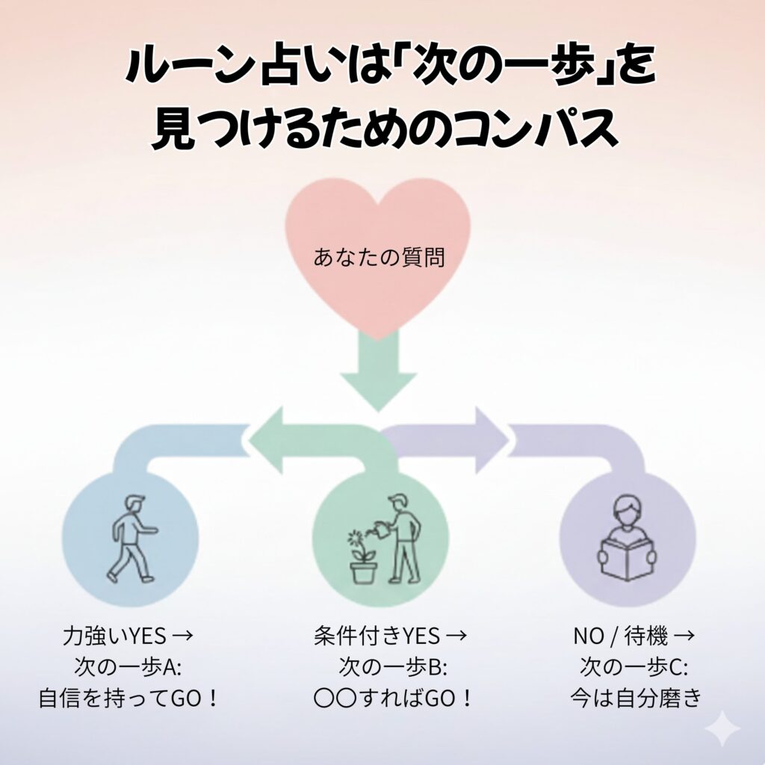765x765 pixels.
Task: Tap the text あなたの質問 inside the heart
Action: click(380, 259)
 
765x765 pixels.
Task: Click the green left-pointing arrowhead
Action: click(269, 440)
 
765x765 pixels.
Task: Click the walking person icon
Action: click(131, 538)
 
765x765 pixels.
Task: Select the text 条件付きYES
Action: click(377, 637)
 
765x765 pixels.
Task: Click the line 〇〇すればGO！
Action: click(394, 699)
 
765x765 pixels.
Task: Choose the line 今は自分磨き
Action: click(636, 699)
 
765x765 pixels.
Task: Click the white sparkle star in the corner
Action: click(722, 727)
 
